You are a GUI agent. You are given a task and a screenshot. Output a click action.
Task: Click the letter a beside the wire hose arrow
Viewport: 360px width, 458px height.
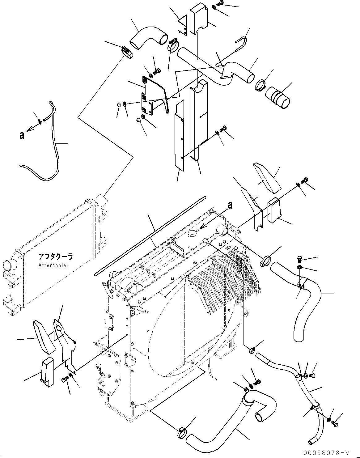click(22, 135)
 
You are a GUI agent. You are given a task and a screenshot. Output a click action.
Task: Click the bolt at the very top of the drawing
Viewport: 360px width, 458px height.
click(220, 4)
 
